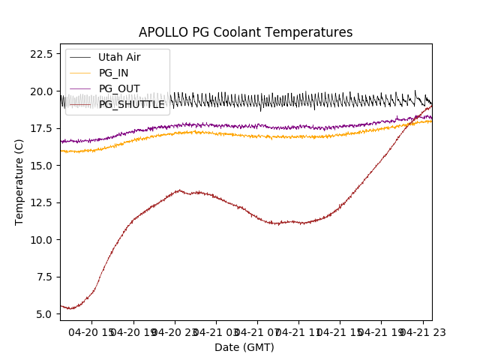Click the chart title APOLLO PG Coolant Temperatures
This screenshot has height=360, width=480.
click(245, 32)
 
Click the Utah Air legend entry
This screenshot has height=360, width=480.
click(119, 57)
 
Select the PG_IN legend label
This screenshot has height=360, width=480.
click(113, 73)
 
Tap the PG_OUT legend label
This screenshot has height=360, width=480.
click(118, 88)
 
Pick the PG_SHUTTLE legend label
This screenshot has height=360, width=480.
click(131, 104)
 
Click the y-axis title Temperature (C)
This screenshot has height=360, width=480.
click(19, 182)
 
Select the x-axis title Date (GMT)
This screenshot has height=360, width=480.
click(244, 347)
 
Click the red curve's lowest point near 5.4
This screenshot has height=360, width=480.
click(70, 308)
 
